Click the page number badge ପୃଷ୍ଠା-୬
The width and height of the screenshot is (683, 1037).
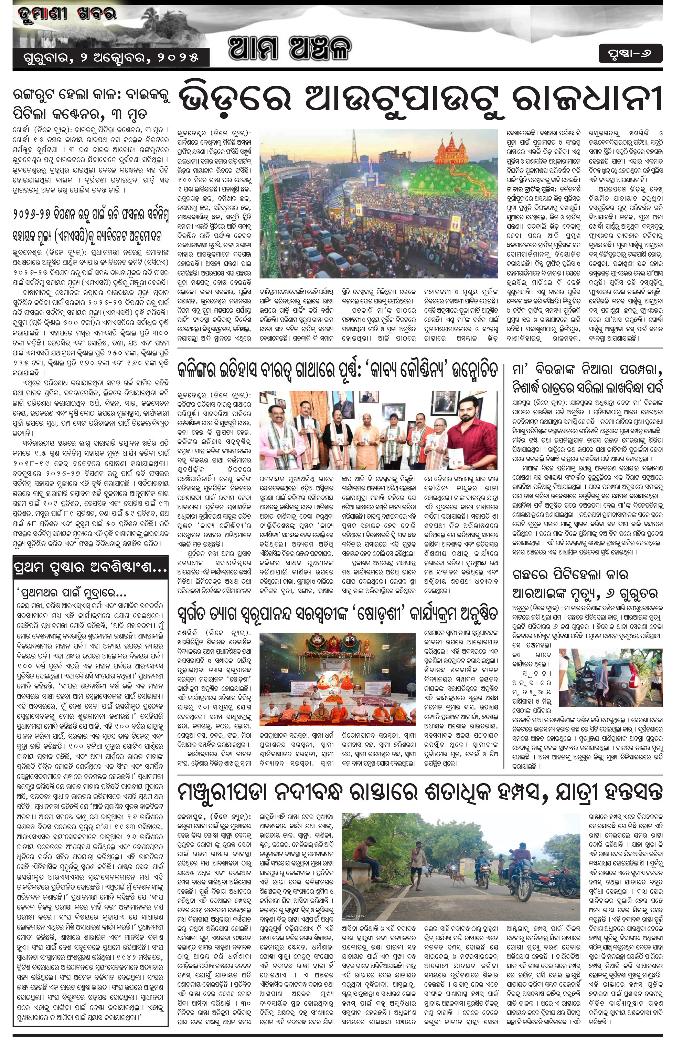pos(630,54)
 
